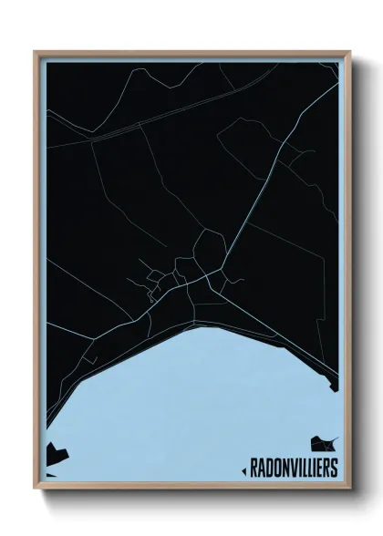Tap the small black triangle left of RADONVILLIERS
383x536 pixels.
243,470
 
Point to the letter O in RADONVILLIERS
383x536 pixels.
273,469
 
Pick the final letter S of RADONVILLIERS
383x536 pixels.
333,469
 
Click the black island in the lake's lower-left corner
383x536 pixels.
54,451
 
